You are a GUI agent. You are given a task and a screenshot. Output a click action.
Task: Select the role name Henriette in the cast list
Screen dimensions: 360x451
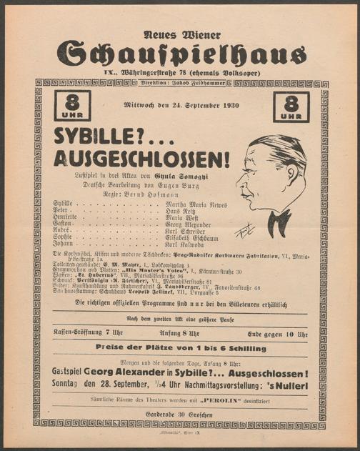(68, 221)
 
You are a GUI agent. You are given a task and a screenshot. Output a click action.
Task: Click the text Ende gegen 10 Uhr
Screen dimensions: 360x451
(278, 334)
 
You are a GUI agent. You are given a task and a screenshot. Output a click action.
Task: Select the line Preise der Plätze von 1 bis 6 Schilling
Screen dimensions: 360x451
(181, 348)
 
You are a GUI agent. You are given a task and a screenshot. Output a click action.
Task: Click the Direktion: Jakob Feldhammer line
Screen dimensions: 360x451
(181, 84)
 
